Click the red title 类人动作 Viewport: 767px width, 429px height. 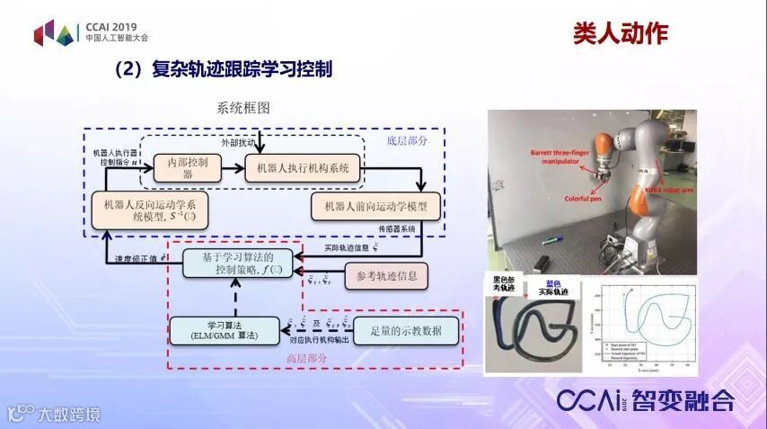621,34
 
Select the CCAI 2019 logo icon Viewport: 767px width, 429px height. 56,33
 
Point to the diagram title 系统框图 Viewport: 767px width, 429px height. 242,108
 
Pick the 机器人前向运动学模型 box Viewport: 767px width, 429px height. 375,206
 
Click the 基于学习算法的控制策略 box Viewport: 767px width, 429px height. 239,264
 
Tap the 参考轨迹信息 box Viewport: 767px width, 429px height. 387,275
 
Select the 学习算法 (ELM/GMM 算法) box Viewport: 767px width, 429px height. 225,329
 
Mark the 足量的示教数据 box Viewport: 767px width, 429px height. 406,330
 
